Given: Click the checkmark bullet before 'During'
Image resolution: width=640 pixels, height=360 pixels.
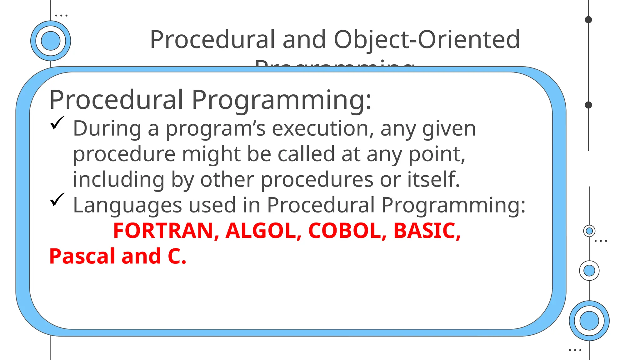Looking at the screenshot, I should click(x=57, y=123).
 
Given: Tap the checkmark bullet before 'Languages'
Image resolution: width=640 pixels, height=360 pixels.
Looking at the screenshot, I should click(x=57, y=200).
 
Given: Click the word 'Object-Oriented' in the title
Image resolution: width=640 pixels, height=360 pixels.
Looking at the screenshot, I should click(x=427, y=39).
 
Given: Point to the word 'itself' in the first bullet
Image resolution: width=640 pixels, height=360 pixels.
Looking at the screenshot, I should click(x=433, y=179).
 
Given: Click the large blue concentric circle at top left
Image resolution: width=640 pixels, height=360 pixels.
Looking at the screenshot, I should click(x=51, y=41).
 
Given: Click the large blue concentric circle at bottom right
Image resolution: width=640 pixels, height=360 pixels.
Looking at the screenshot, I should click(x=589, y=321).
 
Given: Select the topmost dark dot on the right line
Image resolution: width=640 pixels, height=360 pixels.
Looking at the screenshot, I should click(x=588, y=20).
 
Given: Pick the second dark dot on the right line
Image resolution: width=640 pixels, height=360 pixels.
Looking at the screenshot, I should click(x=588, y=105).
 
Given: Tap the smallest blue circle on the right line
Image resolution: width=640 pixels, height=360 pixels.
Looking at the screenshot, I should click(x=589, y=231).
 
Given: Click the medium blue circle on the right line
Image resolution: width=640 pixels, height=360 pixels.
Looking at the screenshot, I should click(x=589, y=270).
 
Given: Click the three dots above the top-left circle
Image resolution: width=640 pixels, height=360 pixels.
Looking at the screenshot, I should click(x=61, y=15).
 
